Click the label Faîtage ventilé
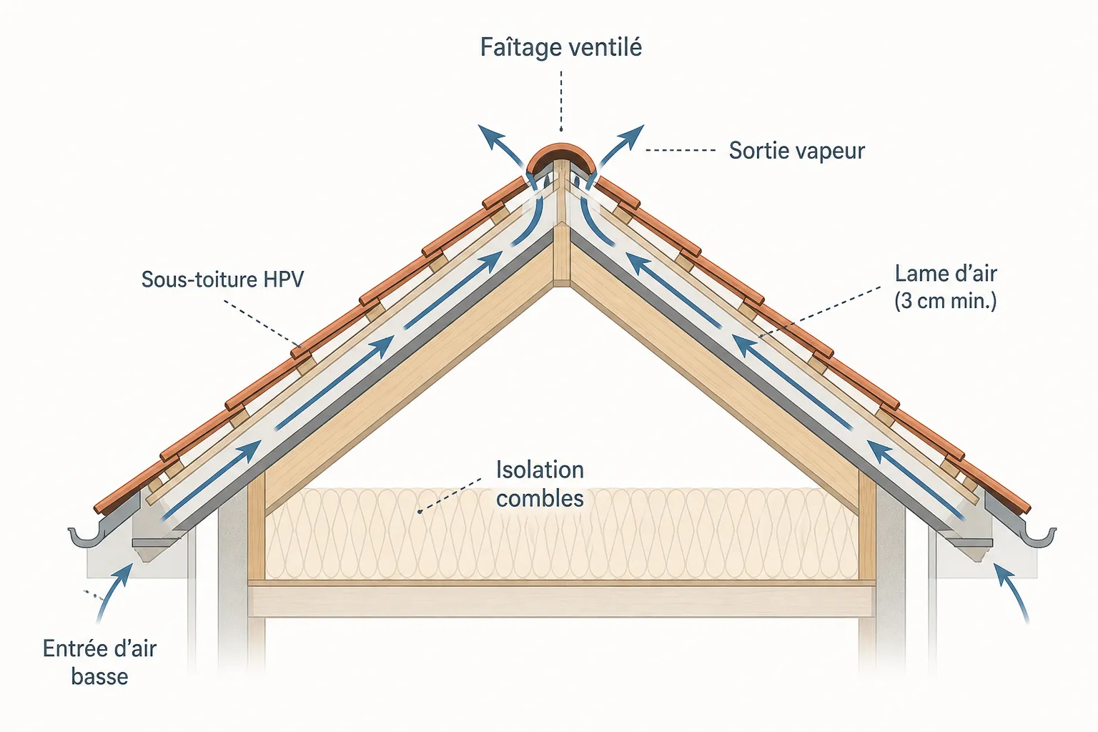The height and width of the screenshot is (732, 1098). (560, 48)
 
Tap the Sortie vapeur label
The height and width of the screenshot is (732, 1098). (796, 151)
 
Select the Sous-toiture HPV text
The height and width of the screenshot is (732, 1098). (222, 280)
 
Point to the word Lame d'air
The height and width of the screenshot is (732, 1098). (946, 274)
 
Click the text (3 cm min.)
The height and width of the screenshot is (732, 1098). (946, 300)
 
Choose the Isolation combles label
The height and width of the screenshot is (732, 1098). (540, 485)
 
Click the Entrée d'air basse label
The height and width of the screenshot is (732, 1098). (99, 663)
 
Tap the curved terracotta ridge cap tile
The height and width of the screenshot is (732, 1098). (561, 156)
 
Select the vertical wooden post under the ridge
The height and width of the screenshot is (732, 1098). (562, 230)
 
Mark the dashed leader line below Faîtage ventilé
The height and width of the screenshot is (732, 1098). (561, 101)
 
